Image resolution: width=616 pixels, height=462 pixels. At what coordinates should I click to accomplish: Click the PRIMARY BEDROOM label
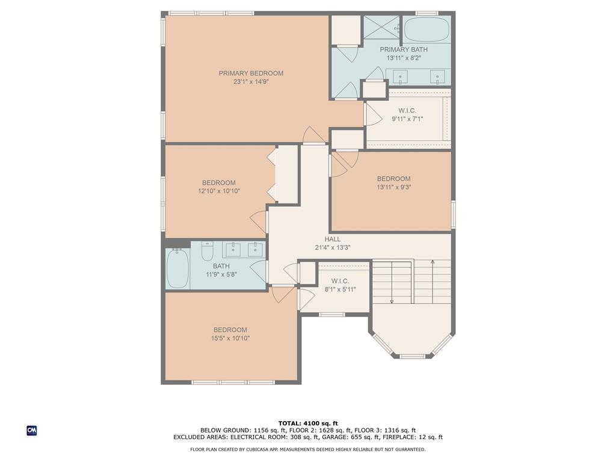[x=251, y=73]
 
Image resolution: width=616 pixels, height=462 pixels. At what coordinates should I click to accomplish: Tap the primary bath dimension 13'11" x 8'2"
[x=404, y=58]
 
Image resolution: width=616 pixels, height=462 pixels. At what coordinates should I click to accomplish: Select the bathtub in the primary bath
[x=427, y=29]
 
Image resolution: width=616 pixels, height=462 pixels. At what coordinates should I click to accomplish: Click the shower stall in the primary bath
[x=381, y=27]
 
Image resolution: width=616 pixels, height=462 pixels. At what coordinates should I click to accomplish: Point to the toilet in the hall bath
[x=207, y=251]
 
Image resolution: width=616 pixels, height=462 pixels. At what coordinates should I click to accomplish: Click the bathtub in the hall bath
[x=177, y=268]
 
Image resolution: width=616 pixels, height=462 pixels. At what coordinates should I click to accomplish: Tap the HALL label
[x=332, y=239]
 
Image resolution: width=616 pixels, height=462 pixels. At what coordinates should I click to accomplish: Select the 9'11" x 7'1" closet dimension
[x=407, y=119]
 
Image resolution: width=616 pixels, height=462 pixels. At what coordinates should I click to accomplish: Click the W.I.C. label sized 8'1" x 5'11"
[x=340, y=282]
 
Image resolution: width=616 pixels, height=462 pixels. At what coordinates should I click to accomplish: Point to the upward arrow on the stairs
[x=433, y=282]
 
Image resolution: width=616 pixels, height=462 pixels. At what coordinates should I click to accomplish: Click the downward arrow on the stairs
[x=392, y=282]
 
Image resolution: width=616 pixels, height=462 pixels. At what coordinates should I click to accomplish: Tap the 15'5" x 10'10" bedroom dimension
[x=230, y=338]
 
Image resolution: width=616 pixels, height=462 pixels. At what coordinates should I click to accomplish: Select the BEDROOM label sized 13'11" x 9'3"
[x=393, y=179]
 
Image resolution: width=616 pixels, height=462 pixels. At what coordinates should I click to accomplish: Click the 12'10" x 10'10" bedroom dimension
[x=219, y=191]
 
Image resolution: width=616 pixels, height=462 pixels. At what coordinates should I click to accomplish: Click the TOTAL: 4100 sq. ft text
[x=308, y=423]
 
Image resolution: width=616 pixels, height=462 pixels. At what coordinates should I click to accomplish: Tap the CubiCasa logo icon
[x=32, y=431]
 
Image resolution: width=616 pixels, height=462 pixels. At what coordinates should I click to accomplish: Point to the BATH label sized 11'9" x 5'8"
[x=221, y=266]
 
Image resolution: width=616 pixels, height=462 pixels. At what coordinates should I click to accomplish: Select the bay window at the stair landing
[x=412, y=346]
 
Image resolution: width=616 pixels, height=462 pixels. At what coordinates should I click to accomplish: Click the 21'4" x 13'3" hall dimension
[x=332, y=247]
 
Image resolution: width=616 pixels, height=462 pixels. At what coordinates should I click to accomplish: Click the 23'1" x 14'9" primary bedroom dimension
[x=251, y=82]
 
